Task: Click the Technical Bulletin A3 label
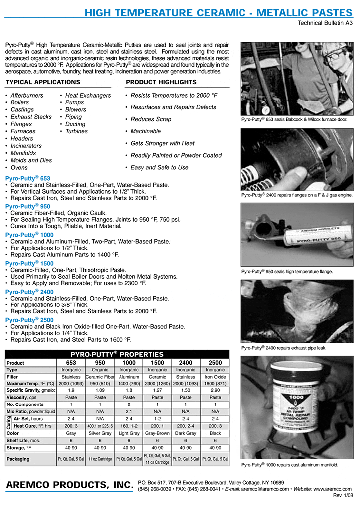click(x=325, y=23)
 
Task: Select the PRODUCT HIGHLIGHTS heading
click(x=161, y=82)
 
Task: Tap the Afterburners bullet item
click(x=27, y=95)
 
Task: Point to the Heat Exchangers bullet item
click(x=88, y=95)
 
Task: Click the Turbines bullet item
click(x=76, y=131)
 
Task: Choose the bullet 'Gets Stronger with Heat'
click(x=162, y=143)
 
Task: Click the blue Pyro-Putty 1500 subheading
click(x=29, y=263)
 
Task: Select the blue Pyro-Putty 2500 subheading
click(x=29, y=320)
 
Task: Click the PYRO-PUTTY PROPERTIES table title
click(x=117, y=354)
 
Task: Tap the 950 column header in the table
click(x=100, y=363)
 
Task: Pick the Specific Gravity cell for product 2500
click(x=215, y=391)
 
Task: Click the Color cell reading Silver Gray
click(x=100, y=433)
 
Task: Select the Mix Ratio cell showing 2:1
click(x=128, y=411)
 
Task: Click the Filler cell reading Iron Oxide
click(x=215, y=377)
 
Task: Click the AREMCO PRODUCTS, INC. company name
click(x=69, y=485)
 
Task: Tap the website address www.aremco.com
click(x=332, y=489)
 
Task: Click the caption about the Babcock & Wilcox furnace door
click(x=294, y=120)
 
